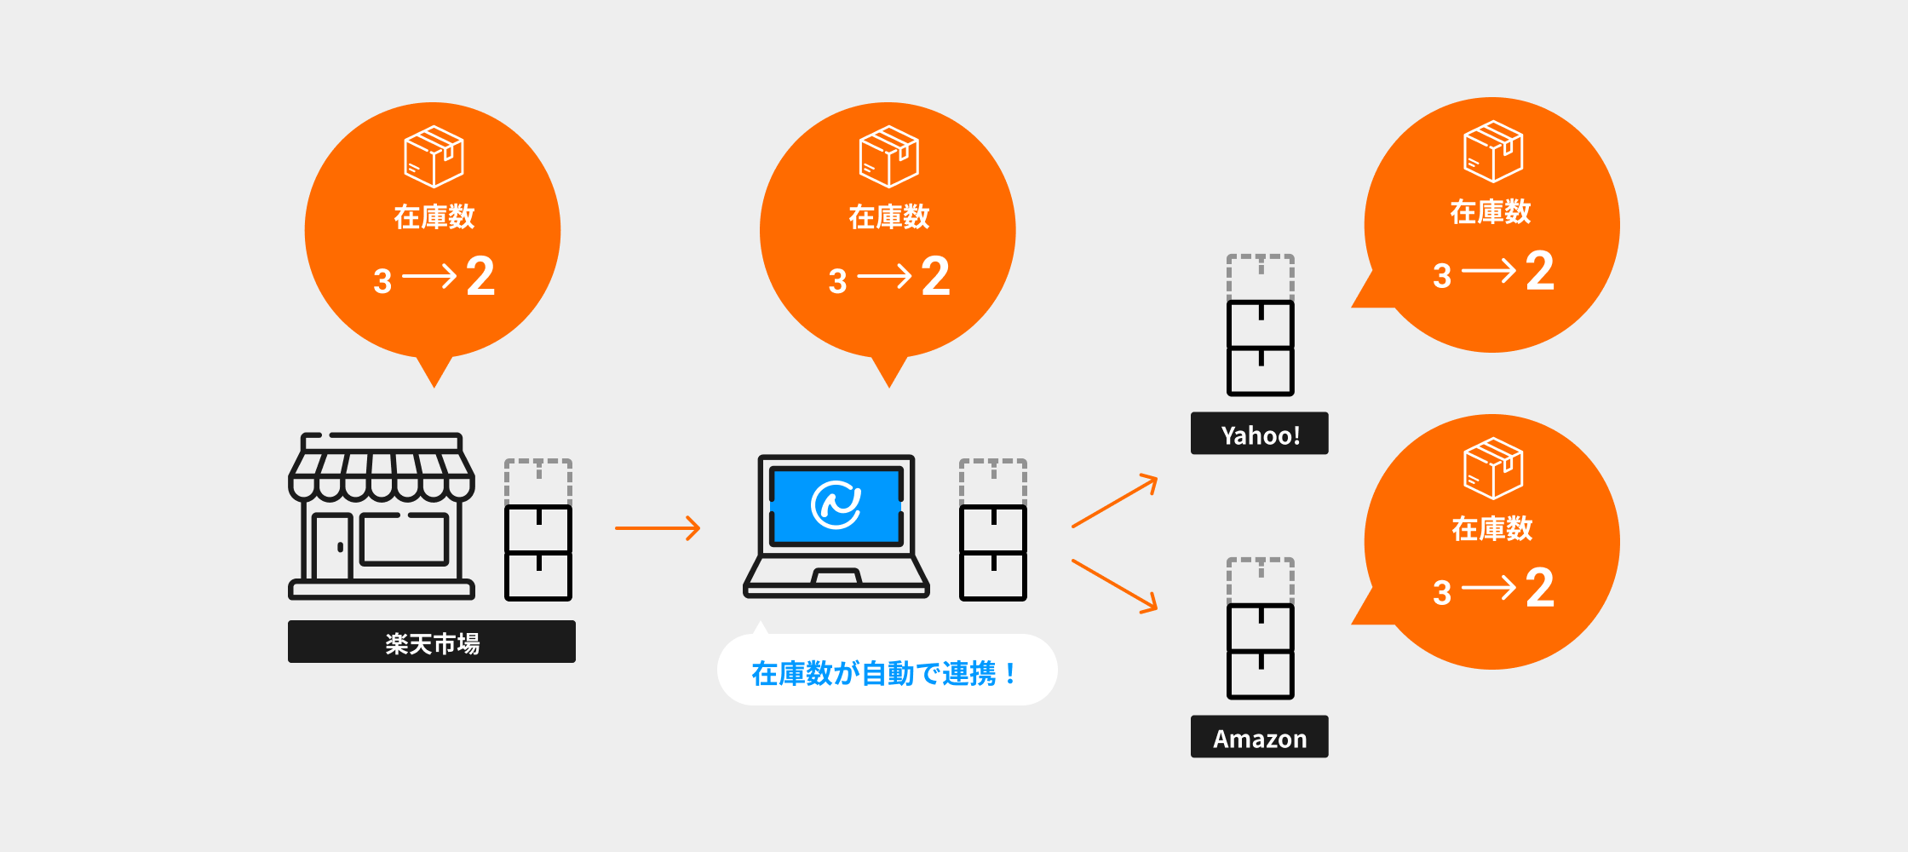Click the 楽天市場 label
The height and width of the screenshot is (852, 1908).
(x=432, y=642)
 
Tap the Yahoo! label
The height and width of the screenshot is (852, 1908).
(x=1259, y=435)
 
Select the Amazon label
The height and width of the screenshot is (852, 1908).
(x=1259, y=738)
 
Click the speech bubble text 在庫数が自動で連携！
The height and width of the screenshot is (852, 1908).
(x=885, y=673)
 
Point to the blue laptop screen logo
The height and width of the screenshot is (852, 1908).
(x=836, y=504)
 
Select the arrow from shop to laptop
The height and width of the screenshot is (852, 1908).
(x=657, y=528)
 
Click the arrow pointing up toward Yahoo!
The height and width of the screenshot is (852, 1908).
(x=1114, y=502)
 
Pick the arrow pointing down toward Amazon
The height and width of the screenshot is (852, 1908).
(x=1114, y=585)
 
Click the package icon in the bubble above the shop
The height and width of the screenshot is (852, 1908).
(x=434, y=157)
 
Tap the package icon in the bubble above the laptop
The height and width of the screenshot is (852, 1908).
(x=888, y=157)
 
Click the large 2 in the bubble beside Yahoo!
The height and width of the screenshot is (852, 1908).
(x=1540, y=271)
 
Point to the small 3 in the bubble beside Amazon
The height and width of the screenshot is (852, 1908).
(x=1441, y=593)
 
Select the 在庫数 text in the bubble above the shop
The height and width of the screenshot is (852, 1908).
(x=434, y=216)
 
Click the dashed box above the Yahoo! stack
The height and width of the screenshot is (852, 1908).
(x=1260, y=275)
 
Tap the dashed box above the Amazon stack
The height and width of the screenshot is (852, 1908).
(x=1260, y=579)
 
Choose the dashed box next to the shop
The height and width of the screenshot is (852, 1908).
(x=537, y=481)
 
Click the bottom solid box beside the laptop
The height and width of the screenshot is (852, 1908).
(x=992, y=576)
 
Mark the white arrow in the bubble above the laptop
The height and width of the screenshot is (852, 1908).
(x=884, y=276)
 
